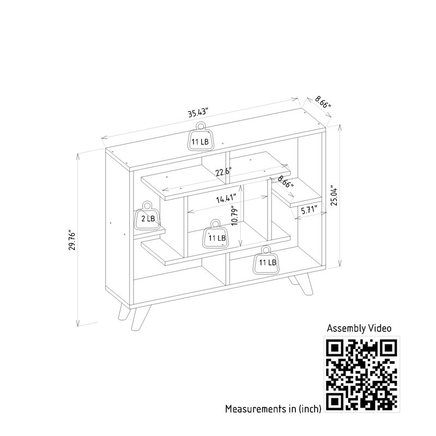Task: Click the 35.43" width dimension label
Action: pyautogui.click(x=198, y=112)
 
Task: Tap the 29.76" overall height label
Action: pyautogui.click(x=72, y=240)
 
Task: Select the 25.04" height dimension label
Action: pyautogui.click(x=334, y=195)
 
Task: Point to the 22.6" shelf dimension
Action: pyautogui.click(x=223, y=172)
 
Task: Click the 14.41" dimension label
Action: pyautogui.click(x=226, y=198)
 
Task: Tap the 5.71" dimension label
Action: pyautogui.click(x=309, y=210)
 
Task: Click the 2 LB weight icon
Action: pyautogui.click(x=147, y=216)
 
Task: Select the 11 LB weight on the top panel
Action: pyautogui.click(x=200, y=137)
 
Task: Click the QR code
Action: pyautogui.click(x=361, y=374)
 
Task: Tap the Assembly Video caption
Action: pyautogui.click(x=359, y=328)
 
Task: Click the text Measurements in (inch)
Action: pyautogui.click(x=274, y=409)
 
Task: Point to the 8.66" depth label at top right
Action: pyautogui.click(x=323, y=101)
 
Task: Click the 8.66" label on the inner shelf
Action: pyautogui.click(x=286, y=181)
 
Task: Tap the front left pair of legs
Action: pyautogui.click(x=134, y=317)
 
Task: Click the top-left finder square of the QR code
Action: pyautogui.click(x=335, y=348)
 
